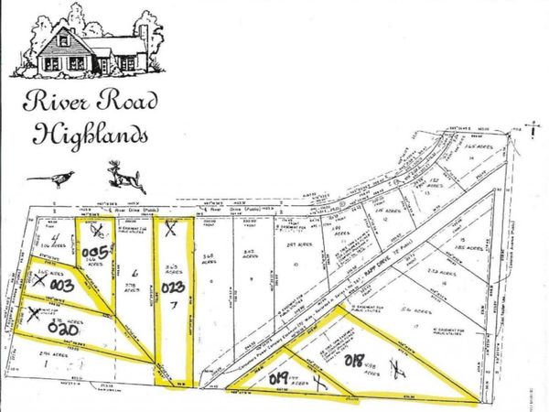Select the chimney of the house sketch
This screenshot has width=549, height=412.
click(x=144, y=40)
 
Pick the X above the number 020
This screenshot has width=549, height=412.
click(x=33, y=317)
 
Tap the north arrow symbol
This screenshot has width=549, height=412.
click(x=532, y=128)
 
